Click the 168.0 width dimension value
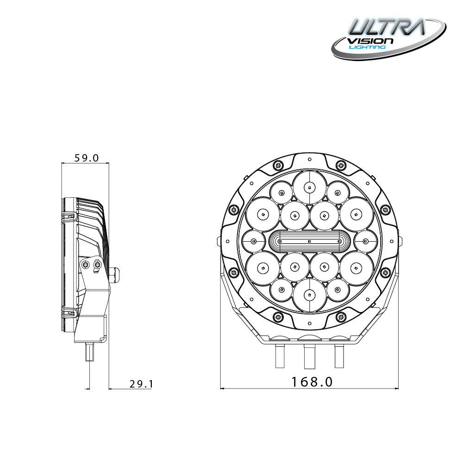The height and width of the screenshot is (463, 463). [x=312, y=382]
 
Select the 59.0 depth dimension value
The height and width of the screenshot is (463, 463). [x=87, y=158]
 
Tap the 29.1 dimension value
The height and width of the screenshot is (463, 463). [x=141, y=384]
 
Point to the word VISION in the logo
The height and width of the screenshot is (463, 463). [x=370, y=41]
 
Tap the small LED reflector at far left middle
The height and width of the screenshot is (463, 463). [x=254, y=241]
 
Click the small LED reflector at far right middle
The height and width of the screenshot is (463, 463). [x=365, y=241]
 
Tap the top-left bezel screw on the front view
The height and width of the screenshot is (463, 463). [x=278, y=165]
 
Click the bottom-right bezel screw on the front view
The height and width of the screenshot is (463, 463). [x=341, y=317]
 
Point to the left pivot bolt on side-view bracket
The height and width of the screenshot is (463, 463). [x=86, y=264]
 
